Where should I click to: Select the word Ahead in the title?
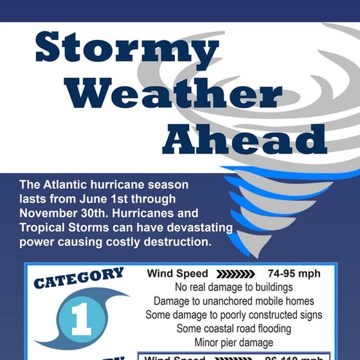[244, 138]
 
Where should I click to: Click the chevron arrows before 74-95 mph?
[239, 273]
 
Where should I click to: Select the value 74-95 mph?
[294, 273]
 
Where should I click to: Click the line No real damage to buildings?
[233, 287]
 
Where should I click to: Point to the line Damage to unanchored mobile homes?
[233, 301]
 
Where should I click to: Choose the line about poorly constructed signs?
[233, 315]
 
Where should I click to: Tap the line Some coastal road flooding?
[233, 328]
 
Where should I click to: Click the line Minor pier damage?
[233, 342]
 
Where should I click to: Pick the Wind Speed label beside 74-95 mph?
[177, 273]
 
